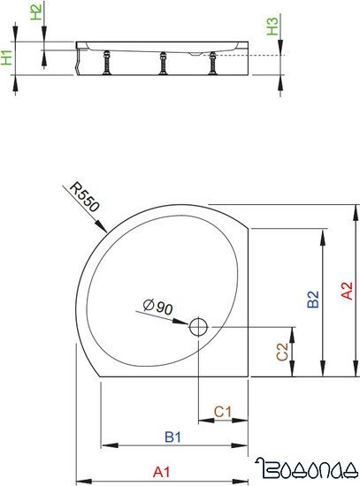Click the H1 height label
8,58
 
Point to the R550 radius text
86,197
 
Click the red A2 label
348,291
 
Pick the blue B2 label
312,300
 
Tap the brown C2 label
283,352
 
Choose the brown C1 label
223,412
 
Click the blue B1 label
173,437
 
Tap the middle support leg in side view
163,64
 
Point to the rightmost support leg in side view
212,64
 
